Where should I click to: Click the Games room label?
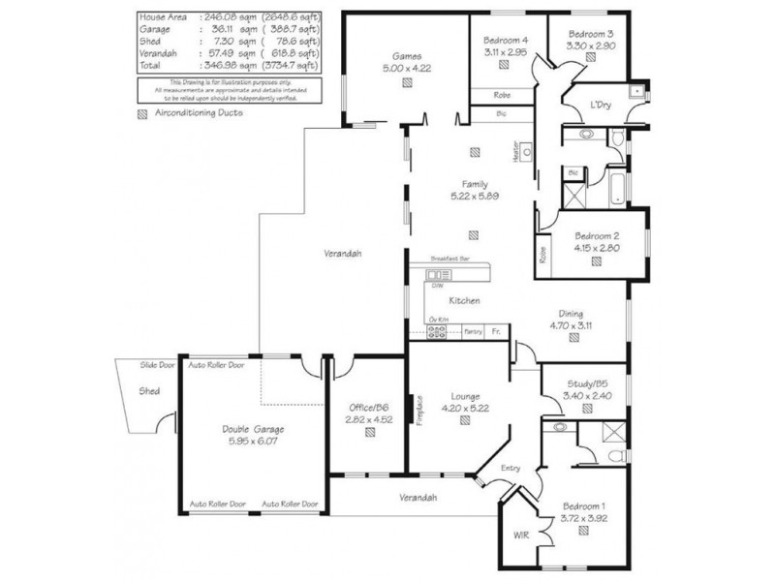click(x=404, y=56)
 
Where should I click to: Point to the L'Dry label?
click(x=601, y=105)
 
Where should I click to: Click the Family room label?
click(x=475, y=184)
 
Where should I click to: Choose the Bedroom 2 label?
click(x=597, y=235)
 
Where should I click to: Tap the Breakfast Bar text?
click(x=450, y=260)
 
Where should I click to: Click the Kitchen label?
click(x=465, y=301)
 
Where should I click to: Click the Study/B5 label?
click(x=588, y=382)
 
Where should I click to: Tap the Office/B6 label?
click(x=369, y=407)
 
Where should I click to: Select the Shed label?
click(x=149, y=391)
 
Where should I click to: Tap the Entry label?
click(x=511, y=469)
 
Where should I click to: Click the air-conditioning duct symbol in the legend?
click(x=143, y=112)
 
